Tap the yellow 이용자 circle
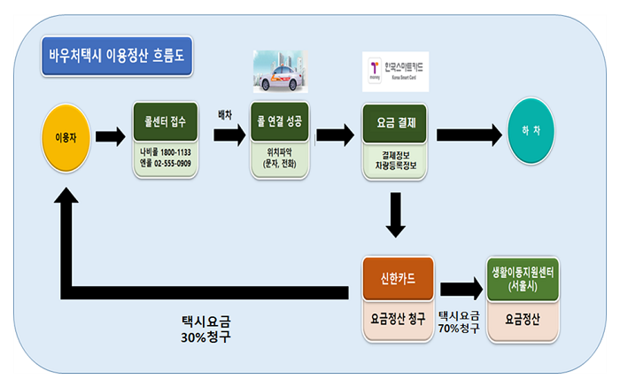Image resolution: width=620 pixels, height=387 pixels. (x=66, y=137)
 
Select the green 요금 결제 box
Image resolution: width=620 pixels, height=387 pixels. (x=396, y=122)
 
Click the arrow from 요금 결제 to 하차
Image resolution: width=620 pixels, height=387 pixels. (x=466, y=135)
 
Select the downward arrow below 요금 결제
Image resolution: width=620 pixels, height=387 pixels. (x=397, y=214)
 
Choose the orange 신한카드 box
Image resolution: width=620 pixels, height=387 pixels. (x=399, y=277)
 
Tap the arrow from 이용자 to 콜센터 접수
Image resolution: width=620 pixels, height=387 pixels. (x=110, y=136)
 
